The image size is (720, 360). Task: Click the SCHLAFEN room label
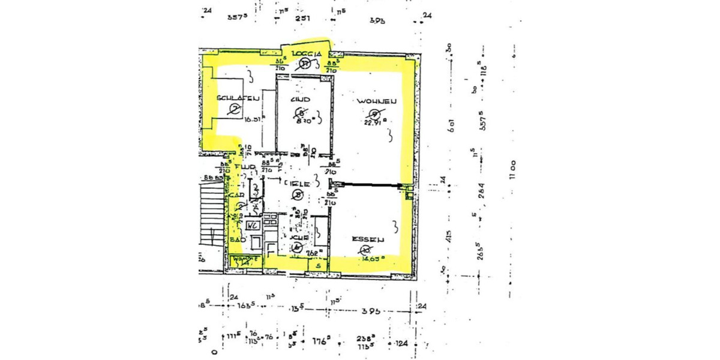[238, 98]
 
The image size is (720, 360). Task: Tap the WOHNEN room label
[376, 101]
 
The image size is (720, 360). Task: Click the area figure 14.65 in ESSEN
[373, 259]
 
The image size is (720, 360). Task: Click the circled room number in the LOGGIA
[305, 64]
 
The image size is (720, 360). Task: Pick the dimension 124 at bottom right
[402, 344]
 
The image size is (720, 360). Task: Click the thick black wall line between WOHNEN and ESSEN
[367, 185]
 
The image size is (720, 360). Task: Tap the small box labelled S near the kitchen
[318, 265]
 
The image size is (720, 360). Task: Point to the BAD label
[236, 239]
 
